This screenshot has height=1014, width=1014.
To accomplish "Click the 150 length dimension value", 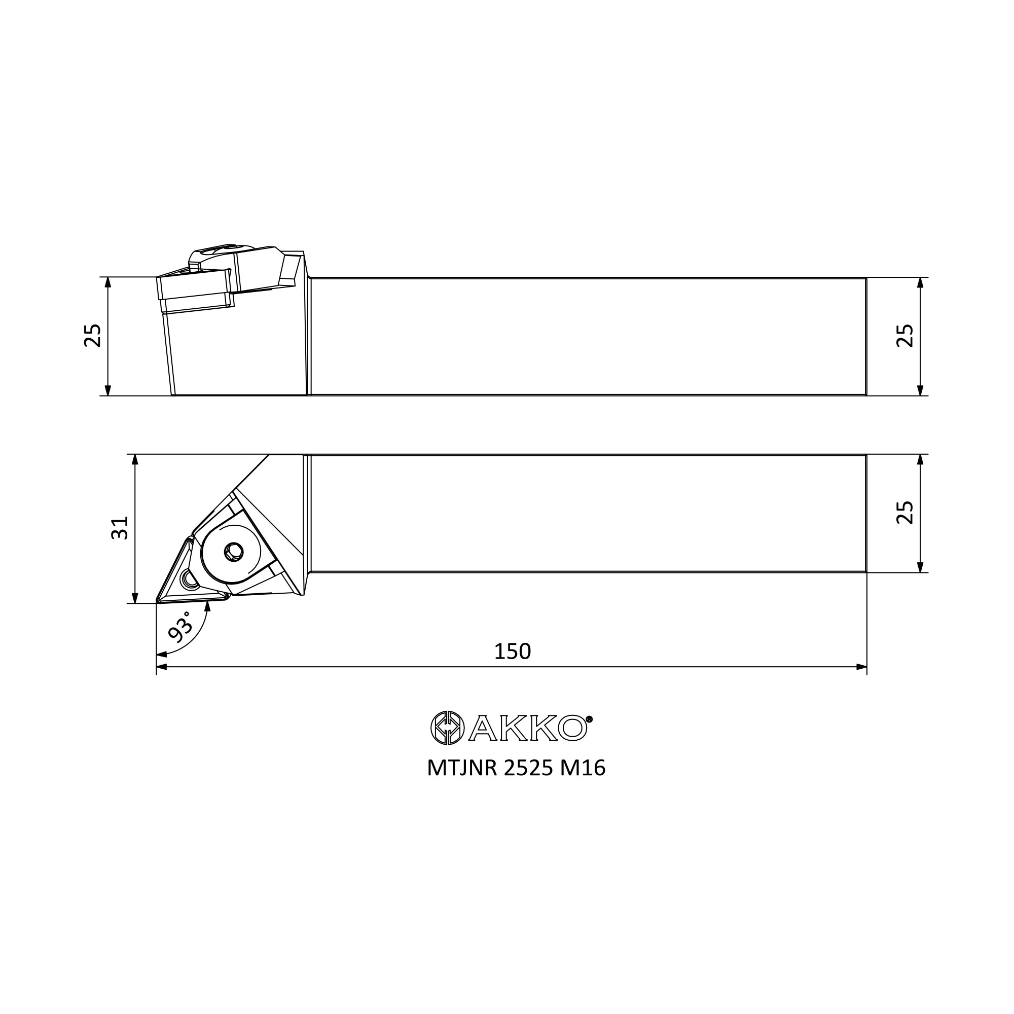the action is point(512,651).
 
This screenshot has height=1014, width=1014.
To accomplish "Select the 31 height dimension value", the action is point(120,527).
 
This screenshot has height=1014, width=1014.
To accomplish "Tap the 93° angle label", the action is point(181,626).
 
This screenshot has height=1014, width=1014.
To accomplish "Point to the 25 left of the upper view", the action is point(93,335).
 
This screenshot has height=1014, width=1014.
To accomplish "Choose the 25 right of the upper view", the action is point(904,335).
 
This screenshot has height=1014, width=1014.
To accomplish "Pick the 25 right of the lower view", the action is point(904,512).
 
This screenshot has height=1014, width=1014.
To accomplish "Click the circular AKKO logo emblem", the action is point(447,728).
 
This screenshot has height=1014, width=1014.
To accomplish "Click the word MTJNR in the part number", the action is point(462,768).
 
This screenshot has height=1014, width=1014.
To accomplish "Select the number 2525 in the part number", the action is point(528,768).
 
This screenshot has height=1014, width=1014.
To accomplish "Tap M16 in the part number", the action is point(583,768).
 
